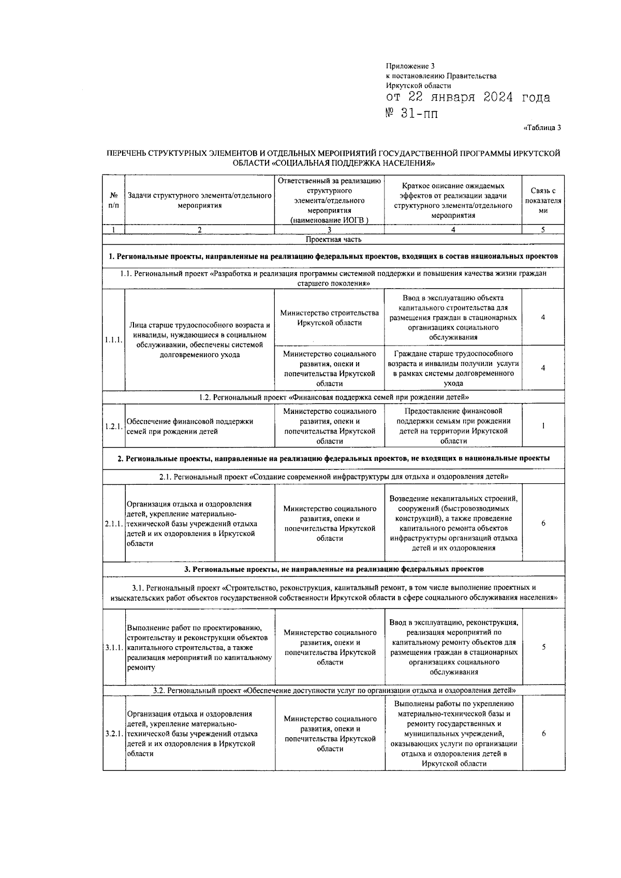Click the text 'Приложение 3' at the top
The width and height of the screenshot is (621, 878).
(410, 66)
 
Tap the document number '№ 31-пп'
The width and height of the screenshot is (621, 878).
(412, 113)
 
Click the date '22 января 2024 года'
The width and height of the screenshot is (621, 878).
(479, 98)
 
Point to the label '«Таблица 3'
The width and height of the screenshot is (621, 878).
(542, 128)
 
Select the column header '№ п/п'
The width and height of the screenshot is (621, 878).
(113, 200)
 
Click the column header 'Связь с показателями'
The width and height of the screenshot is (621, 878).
(543, 200)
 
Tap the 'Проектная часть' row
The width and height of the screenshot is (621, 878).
(333, 240)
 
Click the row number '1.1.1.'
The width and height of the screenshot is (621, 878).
(113, 340)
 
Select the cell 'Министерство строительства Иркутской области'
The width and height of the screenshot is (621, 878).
(329, 318)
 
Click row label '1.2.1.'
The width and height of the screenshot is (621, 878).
(113, 426)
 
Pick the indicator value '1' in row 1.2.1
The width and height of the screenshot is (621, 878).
(543, 426)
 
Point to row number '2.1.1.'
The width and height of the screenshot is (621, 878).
(113, 524)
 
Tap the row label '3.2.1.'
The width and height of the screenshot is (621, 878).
(113, 734)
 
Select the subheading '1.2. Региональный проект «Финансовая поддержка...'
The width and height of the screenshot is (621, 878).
(333, 397)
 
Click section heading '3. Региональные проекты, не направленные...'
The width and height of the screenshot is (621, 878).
(333, 569)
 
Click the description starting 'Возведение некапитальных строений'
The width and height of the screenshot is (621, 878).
(453, 523)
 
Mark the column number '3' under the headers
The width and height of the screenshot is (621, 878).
(329, 230)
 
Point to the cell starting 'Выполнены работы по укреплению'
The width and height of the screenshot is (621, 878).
(453, 734)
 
